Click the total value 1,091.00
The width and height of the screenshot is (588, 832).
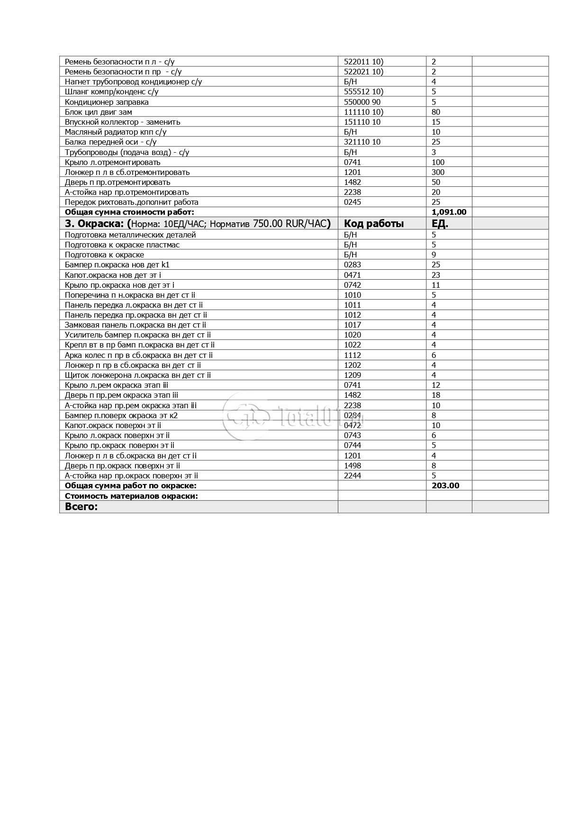[x=449, y=212]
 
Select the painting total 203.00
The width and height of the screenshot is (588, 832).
[x=445, y=485]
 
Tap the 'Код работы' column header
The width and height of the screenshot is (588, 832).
[x=373, y=224]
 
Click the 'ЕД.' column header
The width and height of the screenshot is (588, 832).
[x=440, y=224]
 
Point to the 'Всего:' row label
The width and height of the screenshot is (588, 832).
[x=81, y=507]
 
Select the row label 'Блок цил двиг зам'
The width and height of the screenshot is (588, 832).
[x=98, y=112]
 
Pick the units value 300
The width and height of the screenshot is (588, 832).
[x=438, y=172]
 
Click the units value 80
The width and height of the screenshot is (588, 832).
[x=436, y=112]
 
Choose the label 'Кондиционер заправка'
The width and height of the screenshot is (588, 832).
[x=107, y=102]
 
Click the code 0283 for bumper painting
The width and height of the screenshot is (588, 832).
[x=352, y=265]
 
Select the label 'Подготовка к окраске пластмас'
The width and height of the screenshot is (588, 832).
[x=122, y=245]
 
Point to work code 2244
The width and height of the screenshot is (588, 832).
[x=352, y=475]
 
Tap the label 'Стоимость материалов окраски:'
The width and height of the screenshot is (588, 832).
[x=131, y=496]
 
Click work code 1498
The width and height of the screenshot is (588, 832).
[x=352, y=466]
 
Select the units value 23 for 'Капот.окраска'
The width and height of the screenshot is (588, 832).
[x=436, y=274]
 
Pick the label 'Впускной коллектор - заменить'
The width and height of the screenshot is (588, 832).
[x=122, y=122]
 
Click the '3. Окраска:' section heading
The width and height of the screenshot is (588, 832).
[x=95, y=224]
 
